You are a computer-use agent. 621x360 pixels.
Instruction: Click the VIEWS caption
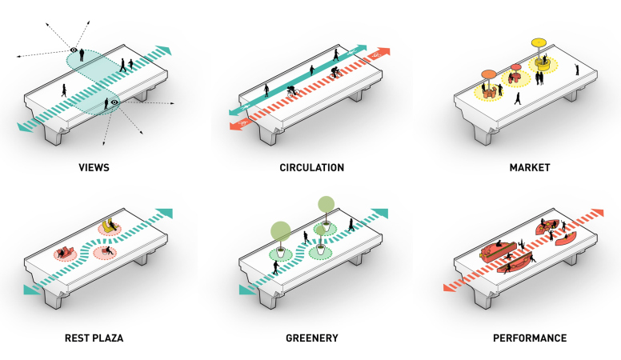pyautogui.click(x=94, y=169)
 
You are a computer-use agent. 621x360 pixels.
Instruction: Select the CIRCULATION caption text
pyautogui.click(x=312, y=169)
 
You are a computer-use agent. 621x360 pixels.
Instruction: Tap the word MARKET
pyautogui.click(x=530, y=169)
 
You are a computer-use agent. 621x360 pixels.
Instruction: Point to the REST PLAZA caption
pyautogui.click(x=94, y=338)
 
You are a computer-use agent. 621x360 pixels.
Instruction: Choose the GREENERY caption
pyautogui.click(x=312, y=338)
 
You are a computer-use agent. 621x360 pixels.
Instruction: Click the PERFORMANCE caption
pyautogui.click(x=530, y=338)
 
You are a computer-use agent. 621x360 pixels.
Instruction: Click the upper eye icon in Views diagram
pyautogui.click(x=74, y=50)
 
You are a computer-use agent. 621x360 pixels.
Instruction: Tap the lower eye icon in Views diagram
pyautogui.click(x=114, y=102)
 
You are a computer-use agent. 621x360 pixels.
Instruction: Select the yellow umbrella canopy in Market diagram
pyautogui.click(x=538, y=42)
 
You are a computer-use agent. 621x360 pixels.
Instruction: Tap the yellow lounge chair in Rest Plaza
pyautogui.click(x=110, y=226)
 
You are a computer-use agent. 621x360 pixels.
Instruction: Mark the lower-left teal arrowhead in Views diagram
pyautogui.click(x=24, y=126)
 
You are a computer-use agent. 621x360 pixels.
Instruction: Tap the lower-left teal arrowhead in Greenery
pyautogui.click(x=244, y=290)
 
